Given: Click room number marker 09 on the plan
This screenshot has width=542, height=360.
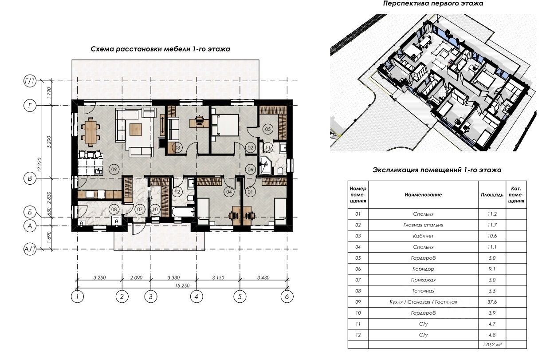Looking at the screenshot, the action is [114, 170].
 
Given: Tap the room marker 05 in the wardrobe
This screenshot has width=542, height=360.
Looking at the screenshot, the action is [267, 129].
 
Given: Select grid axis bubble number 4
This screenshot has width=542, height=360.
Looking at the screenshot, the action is [196, 297].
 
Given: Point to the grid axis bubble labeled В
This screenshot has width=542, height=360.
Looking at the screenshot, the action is [30, 178].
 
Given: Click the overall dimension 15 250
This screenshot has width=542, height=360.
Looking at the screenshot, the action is [182, 286].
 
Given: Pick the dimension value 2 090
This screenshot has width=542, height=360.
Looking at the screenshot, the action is [137, 278].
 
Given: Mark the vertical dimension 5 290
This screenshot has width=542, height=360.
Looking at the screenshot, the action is [49, 142].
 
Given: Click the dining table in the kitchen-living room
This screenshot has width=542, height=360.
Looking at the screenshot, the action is [91, 132].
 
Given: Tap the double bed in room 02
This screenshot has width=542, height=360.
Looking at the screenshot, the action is [225, 125].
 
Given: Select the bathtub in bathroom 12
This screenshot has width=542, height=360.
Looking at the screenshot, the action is [183, 212].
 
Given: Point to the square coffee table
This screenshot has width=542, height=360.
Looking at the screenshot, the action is [136, 129].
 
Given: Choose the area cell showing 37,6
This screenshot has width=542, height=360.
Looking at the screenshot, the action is [492, 302].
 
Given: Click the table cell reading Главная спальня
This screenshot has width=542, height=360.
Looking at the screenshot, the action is [423, 225].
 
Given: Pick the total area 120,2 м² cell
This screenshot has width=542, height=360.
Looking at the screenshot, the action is [492, 344].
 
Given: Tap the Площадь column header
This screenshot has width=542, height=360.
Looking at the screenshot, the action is [492, 194].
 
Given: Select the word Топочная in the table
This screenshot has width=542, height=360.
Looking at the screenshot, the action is [423, 291].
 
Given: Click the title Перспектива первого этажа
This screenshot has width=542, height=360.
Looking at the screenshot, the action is [433, 4].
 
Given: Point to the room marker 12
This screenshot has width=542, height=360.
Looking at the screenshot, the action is [177, 192].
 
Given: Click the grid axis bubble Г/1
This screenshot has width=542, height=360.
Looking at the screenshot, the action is [30, 81].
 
